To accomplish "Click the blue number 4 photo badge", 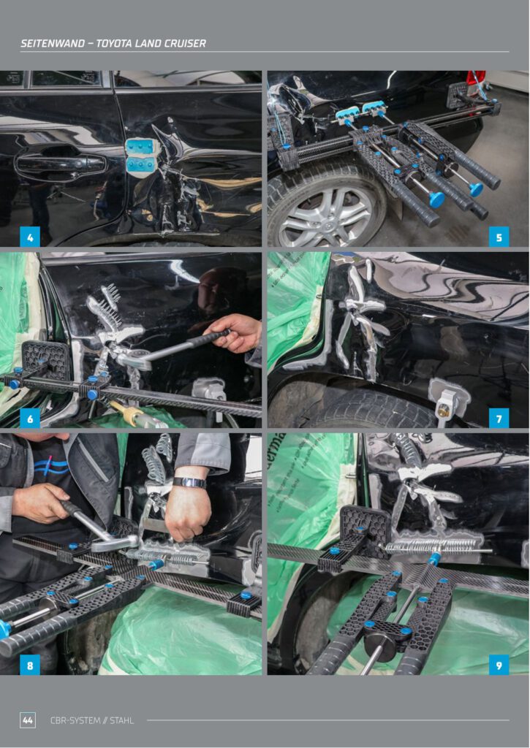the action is pos(29,237).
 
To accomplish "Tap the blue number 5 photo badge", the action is pos(499,237).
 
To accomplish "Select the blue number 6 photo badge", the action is pos(29,419).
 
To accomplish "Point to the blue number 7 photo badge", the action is pos(499,419).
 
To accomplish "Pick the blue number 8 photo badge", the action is pos(29,665).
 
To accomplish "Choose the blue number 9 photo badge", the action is pos(499,665).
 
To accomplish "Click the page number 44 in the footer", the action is pos(28,720).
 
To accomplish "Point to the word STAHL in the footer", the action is pos(122,720).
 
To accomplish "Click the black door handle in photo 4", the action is pos(60,164).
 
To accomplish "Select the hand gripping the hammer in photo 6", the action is pos(235,332).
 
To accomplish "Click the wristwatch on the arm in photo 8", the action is pos(189,483).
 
